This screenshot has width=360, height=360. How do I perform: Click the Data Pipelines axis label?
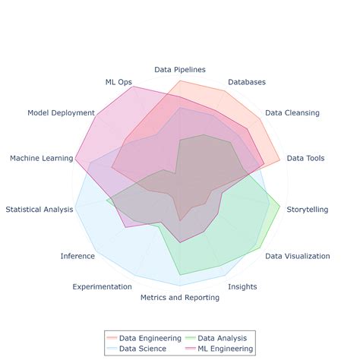(x=179, y=69)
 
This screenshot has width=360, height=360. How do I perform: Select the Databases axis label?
(x=246, y=81)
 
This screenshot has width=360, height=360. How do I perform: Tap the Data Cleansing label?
(x=292, y=112)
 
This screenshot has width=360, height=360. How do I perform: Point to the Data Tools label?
(x=305, y=158)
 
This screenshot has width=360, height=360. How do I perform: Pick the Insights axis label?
(x=242, y=286)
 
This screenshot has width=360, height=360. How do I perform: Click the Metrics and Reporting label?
(x=179, y=298)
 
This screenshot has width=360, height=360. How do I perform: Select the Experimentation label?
(x=102, y=286)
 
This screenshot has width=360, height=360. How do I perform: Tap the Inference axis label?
(x=77, y=256)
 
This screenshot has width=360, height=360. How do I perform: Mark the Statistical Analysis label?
(x=39, y=208)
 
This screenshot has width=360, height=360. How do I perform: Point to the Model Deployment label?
(x=61, y=112)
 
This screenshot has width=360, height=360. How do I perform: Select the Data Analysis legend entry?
(x=221, y=337)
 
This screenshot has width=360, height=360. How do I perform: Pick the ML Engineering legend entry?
(x=223, y=349)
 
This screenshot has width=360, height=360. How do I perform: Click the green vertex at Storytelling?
(x=280, y=206)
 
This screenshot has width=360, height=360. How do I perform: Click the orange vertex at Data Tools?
(x=280, y=159)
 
